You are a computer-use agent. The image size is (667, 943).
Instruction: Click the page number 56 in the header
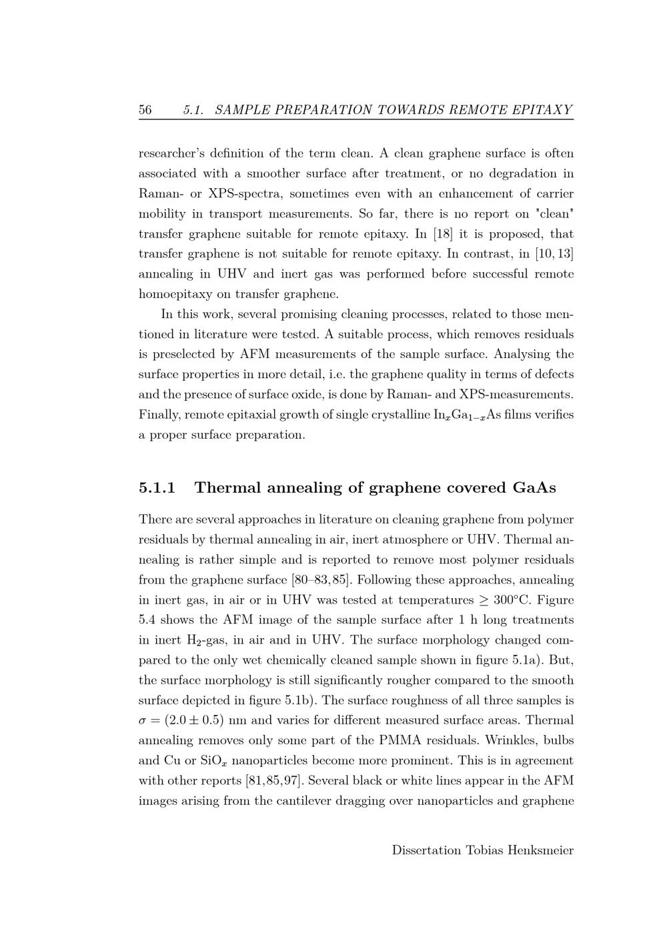click(145, 110)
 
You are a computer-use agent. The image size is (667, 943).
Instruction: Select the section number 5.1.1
click(157, 488)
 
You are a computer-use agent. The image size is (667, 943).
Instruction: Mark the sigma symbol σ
click(143, 721)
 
